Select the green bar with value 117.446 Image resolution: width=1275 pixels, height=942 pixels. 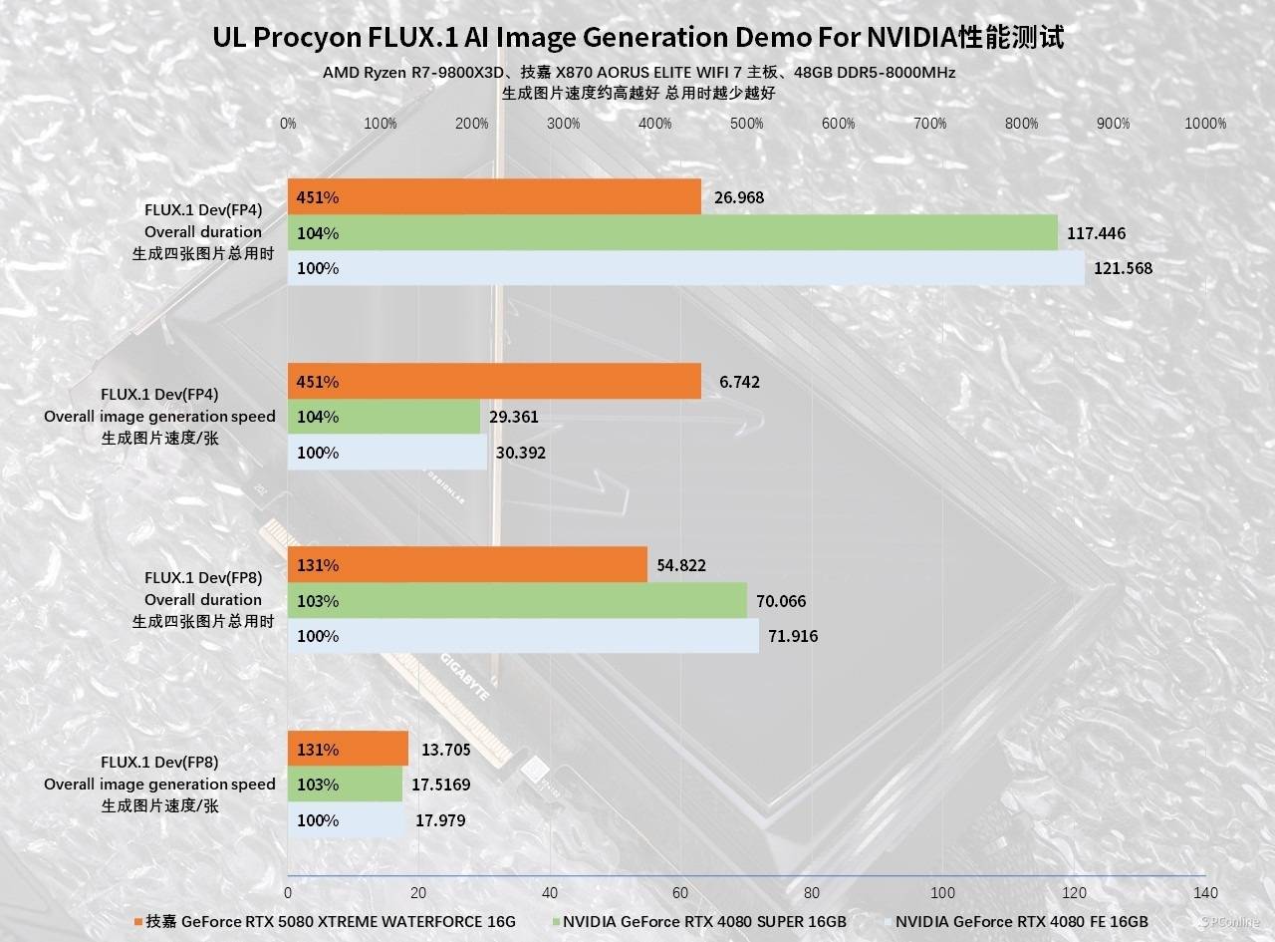pos(672,233)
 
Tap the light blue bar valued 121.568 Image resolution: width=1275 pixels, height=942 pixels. pos(687,268)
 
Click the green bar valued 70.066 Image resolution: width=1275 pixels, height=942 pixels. pos(518,601)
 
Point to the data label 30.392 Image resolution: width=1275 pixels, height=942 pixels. pos(520,453)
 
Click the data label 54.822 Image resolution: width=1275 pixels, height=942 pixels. pos(681,565)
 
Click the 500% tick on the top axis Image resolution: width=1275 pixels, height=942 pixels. pos(747,124)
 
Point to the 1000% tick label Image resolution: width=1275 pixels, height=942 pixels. pos(1205,124)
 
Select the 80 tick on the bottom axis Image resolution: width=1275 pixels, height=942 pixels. pos(812,892)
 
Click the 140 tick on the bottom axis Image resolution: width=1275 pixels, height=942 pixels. pos(1205,892)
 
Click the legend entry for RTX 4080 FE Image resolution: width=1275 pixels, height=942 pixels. pos(1021,921)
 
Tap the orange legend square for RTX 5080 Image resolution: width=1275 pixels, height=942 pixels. pos(137,922)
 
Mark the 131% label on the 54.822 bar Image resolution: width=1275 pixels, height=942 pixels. pos(318,565)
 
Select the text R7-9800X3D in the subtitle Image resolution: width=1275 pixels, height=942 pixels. pos(445,73)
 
